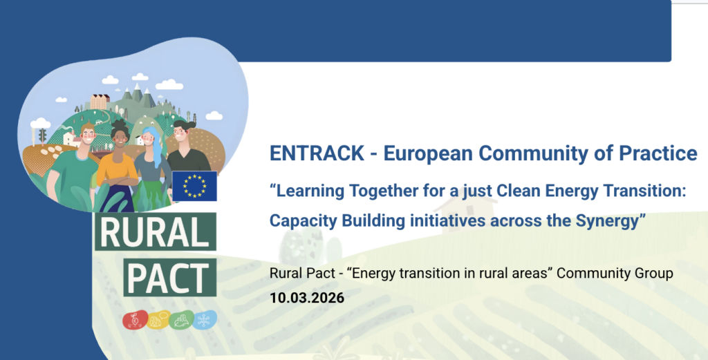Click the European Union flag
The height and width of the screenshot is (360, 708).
(x=194, y=186)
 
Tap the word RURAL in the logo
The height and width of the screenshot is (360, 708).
(x=156, y=232)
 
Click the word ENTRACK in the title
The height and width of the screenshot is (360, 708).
(x=317, y=153)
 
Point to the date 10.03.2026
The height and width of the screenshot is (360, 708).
(x=307, y=298)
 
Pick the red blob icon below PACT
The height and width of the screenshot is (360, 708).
(x=135, y=321)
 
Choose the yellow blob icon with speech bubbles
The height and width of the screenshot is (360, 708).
(x=158, y=320)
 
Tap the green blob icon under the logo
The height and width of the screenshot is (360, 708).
(x=182, y=320)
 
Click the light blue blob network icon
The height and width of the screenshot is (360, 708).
(x=205, y=319)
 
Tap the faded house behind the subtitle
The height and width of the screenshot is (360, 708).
(x=465, y=214)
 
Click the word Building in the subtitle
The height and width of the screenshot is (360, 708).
(x=373, y=220)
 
